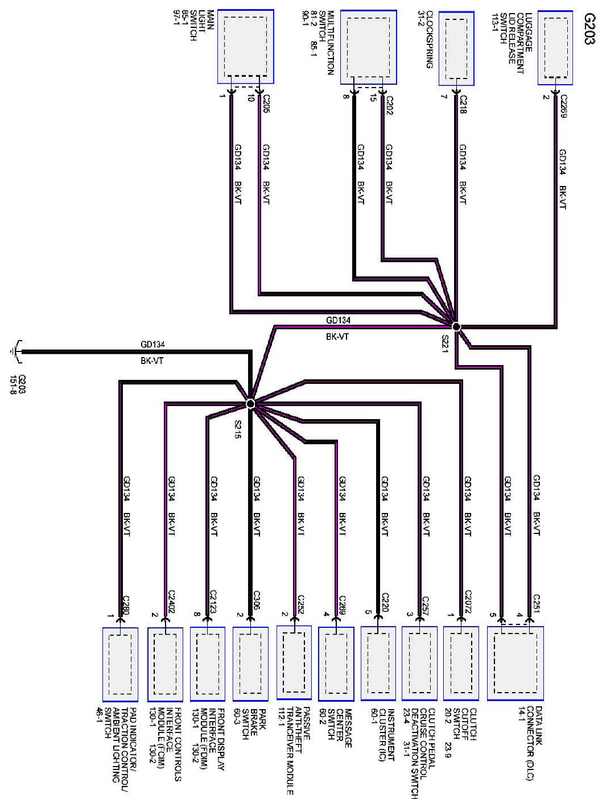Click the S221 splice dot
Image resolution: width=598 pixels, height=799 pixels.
click(456, 326)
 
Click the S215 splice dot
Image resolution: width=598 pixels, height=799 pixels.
click(250, 403)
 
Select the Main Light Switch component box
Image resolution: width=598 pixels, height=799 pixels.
click(245, 47)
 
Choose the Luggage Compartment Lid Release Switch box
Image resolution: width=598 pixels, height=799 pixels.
click(555, 47)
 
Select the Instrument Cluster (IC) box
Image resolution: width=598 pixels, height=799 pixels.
click(378, 663)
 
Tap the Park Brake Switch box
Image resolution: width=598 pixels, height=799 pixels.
click(250, 663)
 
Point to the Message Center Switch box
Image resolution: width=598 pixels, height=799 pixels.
click(336, 663)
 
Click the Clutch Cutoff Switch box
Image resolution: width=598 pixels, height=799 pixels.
click(461, 663)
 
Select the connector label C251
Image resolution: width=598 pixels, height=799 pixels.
click(536, 603)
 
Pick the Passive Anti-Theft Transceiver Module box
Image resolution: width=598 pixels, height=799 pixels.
click(294, 663)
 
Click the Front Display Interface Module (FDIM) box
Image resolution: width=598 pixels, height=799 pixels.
click(207, 663)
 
